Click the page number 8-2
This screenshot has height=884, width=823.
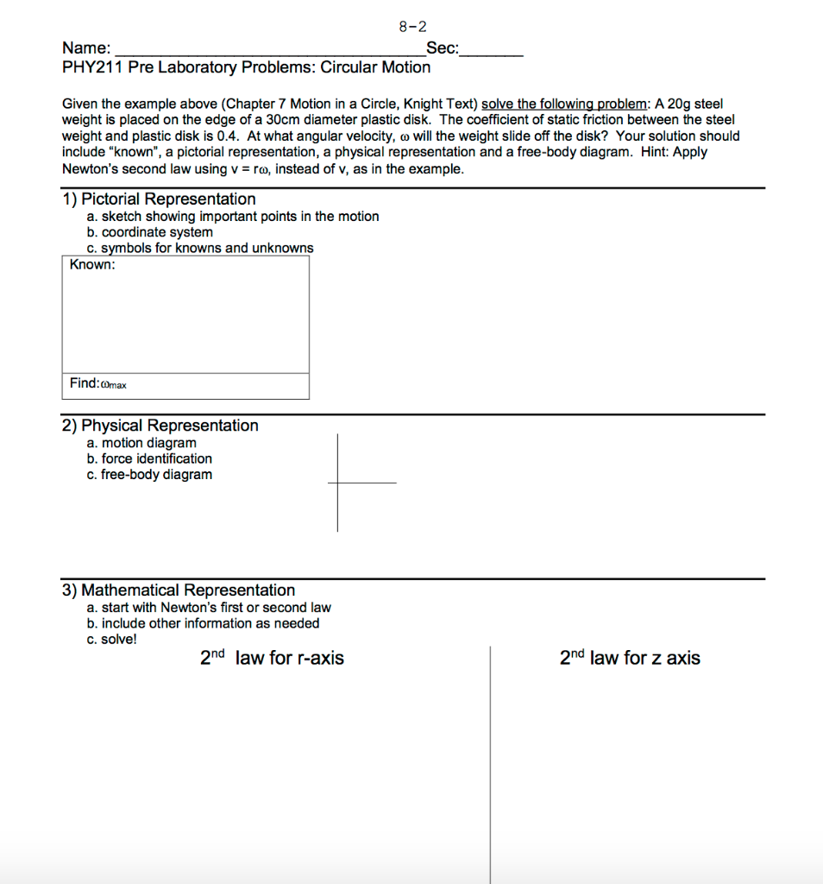click(412, 27)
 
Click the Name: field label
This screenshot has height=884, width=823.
click(85, 48)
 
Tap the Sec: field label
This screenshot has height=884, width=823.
click(443, 48)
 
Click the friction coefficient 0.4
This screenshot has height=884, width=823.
click(227, 136)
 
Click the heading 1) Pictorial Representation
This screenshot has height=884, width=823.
click(159, 199)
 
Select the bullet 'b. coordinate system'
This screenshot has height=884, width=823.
click(149, 232)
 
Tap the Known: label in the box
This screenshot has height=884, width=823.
click(92, 265)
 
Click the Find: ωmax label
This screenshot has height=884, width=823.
click(97, 384)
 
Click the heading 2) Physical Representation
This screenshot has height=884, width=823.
click(160, 426)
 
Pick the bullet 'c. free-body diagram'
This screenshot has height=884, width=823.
click(149, 475)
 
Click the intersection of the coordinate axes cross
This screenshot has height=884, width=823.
click(337, 483)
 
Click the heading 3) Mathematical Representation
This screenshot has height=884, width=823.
click(178, 590)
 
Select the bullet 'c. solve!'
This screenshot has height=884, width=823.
click(111, 640)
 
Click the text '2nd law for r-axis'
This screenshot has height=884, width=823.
click(272, 659)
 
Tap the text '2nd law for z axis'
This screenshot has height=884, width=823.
click(630, 659)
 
